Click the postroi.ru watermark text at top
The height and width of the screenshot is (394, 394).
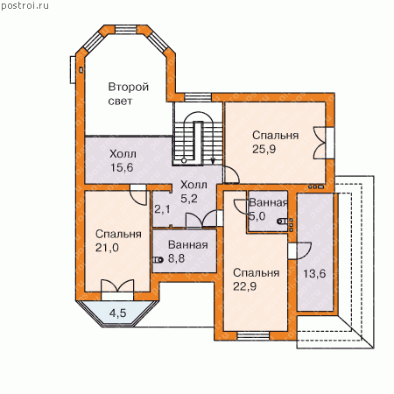point(25,6)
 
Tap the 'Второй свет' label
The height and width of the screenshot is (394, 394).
point(129,94)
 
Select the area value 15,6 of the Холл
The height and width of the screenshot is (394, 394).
point(122,167)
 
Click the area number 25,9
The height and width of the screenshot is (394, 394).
point(264,149)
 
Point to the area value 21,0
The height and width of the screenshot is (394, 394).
point(107,248)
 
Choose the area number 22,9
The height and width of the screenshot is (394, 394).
point(244,286)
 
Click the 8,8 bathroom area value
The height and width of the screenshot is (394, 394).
point(176,258)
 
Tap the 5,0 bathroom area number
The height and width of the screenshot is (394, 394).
point(257,216)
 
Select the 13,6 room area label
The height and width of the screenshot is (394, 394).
point(314,273)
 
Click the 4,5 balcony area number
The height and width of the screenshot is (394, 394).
point(118,313)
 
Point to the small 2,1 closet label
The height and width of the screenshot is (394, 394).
point(162,209)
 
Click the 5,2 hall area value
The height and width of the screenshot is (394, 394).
point(189,199)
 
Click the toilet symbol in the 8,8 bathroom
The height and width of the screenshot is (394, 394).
point(158,259)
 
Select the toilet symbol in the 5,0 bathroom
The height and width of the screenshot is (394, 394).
point(283,222)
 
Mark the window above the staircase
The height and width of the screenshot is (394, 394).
point(198,97)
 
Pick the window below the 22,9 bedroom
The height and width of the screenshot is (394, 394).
point(253,336)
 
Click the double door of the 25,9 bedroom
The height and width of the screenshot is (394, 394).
point(320,143)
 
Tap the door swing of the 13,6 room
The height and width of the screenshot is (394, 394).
point(304,250)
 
